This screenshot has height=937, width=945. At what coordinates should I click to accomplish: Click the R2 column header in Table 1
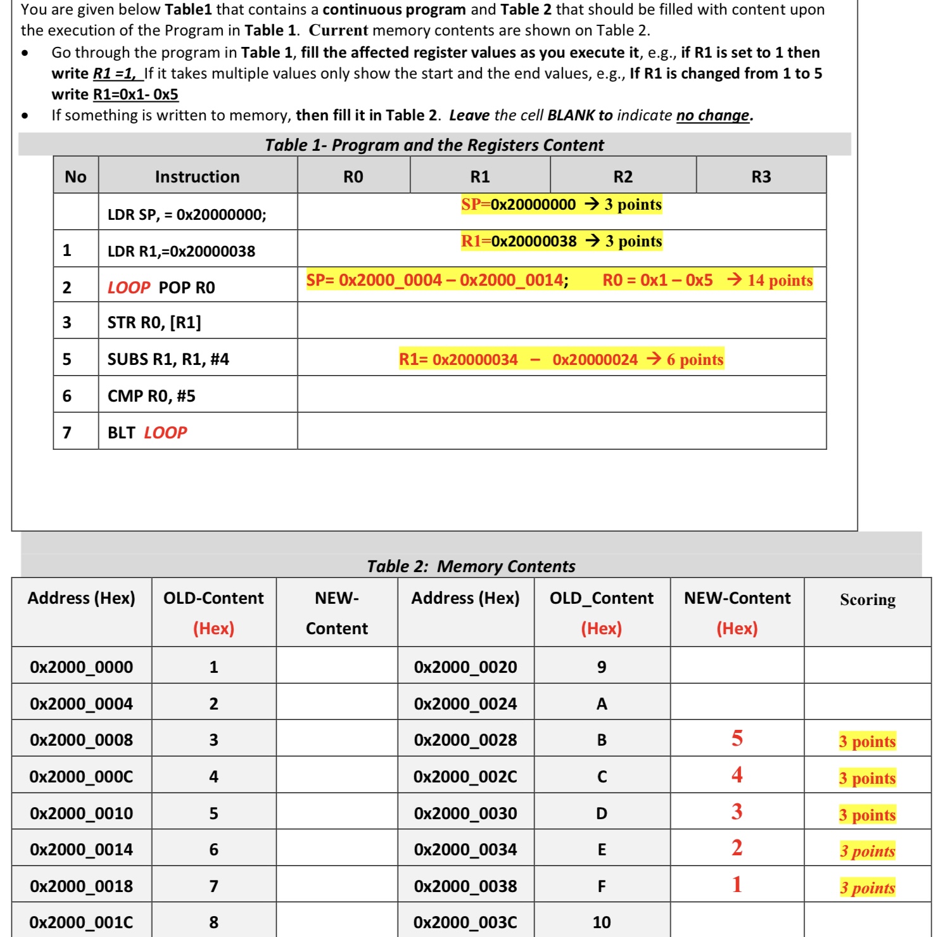623,177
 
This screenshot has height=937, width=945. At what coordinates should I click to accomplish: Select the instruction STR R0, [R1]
154,322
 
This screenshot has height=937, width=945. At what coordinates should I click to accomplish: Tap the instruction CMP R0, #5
151,396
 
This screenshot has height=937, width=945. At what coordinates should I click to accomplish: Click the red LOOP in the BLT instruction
165,433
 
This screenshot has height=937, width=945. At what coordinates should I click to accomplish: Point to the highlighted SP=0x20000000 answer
518,205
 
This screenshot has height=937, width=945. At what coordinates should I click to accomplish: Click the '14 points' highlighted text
779,280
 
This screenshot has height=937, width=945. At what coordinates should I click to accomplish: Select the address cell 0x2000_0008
81,740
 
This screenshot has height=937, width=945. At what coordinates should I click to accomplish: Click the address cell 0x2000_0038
465,886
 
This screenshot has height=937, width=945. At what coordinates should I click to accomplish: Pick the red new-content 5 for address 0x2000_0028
737,739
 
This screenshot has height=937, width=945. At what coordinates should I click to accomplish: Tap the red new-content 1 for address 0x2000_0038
737,885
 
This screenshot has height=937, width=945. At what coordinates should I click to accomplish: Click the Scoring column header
867,599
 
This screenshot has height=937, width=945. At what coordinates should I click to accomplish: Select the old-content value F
601,886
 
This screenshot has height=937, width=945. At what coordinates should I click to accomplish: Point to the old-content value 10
601,922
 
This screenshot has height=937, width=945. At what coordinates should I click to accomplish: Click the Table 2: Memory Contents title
471,566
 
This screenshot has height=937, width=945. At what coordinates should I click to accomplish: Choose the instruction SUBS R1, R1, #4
168,359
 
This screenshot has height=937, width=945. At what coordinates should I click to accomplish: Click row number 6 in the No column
67,396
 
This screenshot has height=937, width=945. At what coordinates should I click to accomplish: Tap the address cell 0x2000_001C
81,922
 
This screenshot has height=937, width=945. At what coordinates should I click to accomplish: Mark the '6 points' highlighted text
694,360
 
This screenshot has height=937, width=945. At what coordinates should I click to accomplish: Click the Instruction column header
197,177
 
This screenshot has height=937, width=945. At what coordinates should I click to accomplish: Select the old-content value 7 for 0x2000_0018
213,886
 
